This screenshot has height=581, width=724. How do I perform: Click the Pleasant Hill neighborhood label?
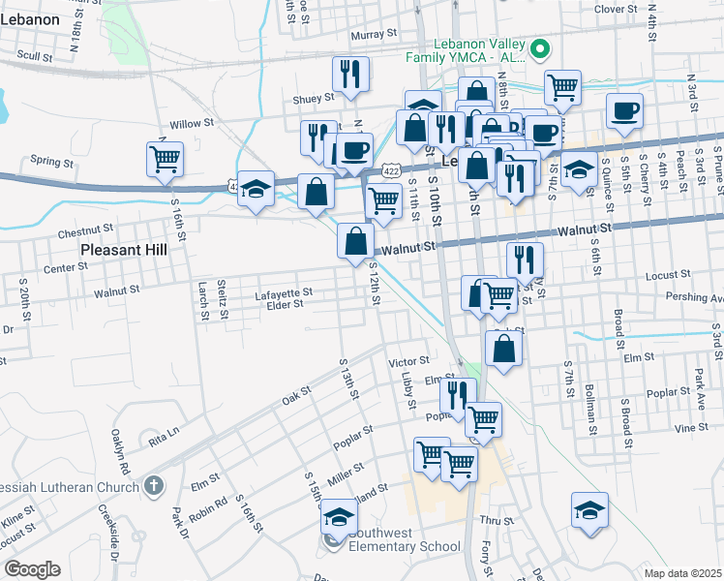pyautogui.click(x=124, y=249)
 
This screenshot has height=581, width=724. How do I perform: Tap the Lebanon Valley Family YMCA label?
pyautogui.click(x=465, y=50)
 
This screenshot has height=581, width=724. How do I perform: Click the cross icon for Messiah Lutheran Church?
pyautogui.click(x=154, y=485)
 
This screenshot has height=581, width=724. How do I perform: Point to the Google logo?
pyautogui.click(x=31, y=569)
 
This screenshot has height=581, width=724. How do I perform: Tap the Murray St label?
pyautogui.click(x=375, y=34)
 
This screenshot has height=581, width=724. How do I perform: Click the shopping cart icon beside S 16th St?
pyautogui.click(x=166, y=158)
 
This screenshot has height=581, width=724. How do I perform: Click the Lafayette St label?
pyautogui.click(x=284, y=291)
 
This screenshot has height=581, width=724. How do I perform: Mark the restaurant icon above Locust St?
pyautogui.click(x=525, y=259)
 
